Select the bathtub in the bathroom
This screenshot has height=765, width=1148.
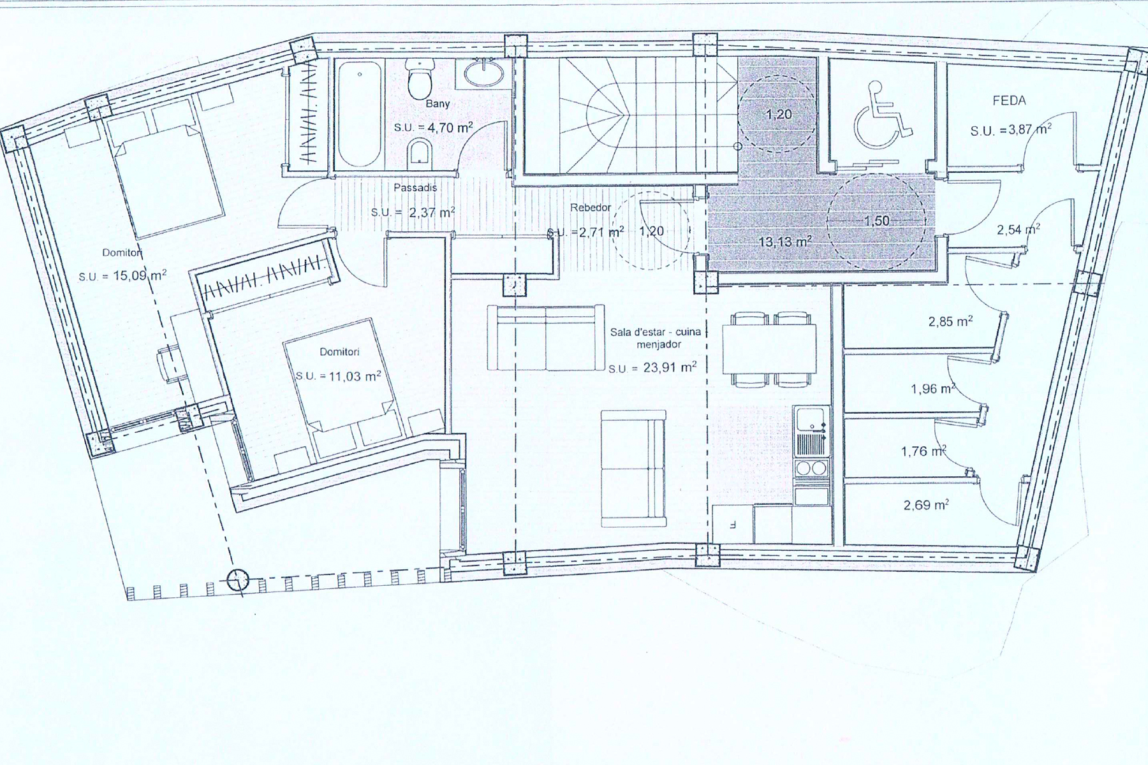[359, 113]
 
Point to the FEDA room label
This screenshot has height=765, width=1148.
[1009, 101]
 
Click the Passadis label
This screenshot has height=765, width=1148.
[415, 188]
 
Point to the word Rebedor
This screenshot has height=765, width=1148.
[591, 208]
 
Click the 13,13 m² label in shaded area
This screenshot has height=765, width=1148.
[785, 242]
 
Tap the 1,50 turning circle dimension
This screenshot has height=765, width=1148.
[877, 221]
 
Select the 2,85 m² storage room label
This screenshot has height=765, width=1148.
[951, 321]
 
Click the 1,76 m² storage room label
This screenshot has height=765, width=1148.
[923, 451]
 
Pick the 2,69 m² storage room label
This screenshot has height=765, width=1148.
[926, 506]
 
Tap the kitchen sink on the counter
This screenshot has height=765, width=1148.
[811, 421]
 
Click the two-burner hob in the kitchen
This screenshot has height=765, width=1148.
[811, 468]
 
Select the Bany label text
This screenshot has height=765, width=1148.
[438, 104]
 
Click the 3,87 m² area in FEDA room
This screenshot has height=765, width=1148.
[1011, 130]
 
